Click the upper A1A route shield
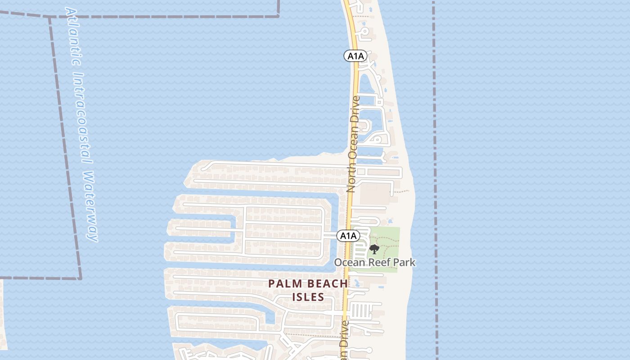click(355, 56)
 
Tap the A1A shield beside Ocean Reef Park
click(348, 235)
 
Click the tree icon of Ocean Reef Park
click(374, 249)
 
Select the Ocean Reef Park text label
click(374, 262)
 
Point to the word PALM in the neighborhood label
click(285, 284)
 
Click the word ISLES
click(308, 297)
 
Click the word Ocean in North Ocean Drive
click(353, 143)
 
